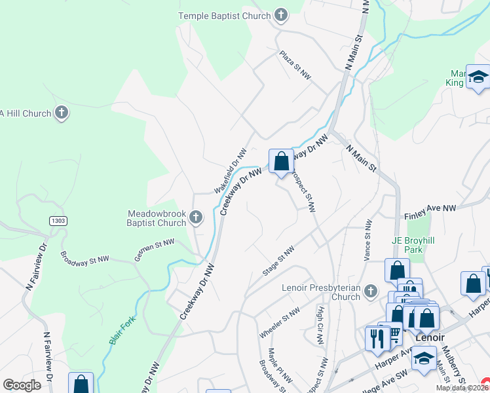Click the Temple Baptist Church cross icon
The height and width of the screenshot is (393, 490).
click(x=281, y=15)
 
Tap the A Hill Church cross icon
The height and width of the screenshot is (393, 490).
click(x=62, y=113)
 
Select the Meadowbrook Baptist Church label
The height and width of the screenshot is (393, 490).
click(x=157, y=218)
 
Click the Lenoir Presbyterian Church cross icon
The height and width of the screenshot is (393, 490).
click(x=371, y=290)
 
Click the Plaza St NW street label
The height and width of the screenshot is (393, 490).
click(x=294, y=65)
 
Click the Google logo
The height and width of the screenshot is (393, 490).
click(x=22, y=385)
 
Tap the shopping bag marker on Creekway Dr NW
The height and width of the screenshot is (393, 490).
click(x=281, y=161)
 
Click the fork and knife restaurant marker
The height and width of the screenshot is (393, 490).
click(x=377, y=339)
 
